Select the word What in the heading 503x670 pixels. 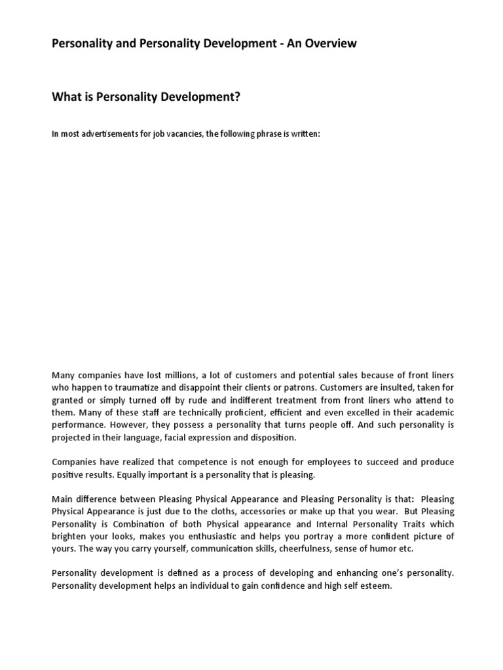[x=67, y=97]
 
